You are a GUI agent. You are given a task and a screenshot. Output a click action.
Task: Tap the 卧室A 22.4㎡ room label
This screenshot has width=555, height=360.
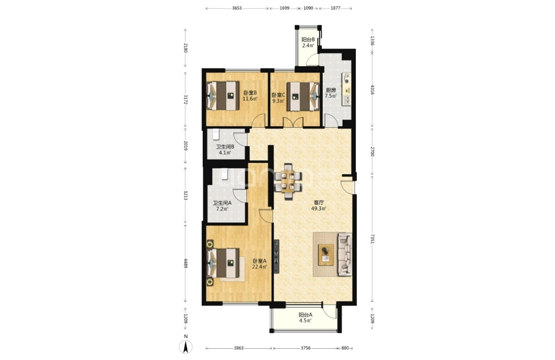point(260,264)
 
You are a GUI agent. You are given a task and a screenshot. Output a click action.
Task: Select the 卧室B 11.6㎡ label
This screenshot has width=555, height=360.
point(250,96)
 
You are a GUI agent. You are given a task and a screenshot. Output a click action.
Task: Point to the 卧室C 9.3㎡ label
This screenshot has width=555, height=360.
point(278,98)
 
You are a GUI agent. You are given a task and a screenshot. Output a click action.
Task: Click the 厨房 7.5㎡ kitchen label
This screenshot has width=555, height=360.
point(331,93)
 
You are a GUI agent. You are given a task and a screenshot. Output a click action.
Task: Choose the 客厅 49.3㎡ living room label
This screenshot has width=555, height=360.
point(319,206)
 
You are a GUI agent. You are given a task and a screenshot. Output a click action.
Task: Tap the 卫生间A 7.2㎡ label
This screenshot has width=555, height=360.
point(222,206)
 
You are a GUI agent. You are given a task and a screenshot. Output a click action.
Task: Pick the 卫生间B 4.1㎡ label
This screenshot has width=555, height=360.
point(225,150)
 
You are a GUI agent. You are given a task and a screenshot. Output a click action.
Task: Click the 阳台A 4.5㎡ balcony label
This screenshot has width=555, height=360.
point(305,318)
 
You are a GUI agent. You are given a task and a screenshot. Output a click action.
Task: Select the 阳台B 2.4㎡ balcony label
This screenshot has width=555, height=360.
point(308,43)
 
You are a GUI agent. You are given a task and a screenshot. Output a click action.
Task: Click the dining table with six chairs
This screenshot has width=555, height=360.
point(288,181)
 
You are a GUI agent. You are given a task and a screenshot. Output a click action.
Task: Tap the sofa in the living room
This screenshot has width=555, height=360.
point(345,254)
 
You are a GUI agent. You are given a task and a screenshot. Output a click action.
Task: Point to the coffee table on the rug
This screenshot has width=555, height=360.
point(326,254)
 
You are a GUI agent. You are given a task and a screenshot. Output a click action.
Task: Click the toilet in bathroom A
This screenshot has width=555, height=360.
point(224,175)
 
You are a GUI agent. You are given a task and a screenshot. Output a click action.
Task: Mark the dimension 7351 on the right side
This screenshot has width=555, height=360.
point(372,239)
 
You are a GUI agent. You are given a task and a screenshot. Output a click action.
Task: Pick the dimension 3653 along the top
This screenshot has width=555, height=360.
point(237,8)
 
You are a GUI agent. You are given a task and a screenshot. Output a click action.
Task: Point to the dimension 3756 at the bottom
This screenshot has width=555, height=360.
point(305,348)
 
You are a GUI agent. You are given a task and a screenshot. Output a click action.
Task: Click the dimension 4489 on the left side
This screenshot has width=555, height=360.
point(185,263)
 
